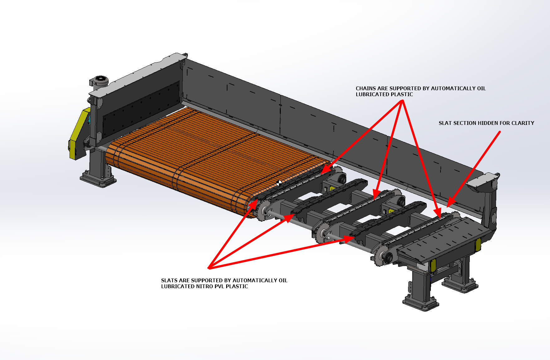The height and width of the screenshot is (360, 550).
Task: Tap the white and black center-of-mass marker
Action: pos(279,183)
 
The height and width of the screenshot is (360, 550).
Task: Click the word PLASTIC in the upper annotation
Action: pos(402,95)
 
